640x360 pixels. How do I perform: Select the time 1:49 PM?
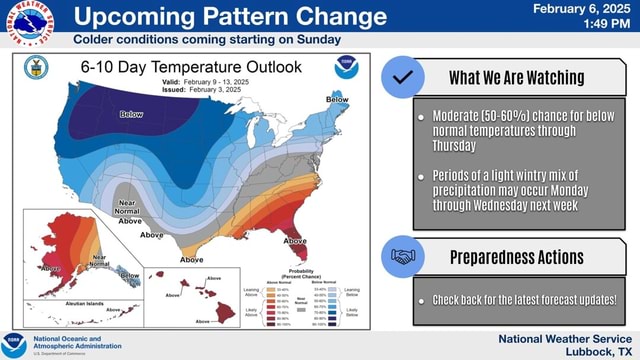pos(609,24)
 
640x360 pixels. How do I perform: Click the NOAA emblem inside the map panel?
pos(346,68)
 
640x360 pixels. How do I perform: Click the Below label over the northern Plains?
pos(132,115)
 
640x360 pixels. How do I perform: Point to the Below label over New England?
pos(338,100)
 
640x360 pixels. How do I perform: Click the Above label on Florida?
pos(297,240)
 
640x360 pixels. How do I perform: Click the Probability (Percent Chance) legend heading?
pos(301,273)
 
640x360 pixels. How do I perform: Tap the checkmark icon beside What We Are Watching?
pos(403,77)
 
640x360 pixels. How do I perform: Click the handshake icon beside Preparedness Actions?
pos(403,257)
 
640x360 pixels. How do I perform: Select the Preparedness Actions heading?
pos(516,257)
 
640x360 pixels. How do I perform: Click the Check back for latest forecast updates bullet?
pos(524,299)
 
